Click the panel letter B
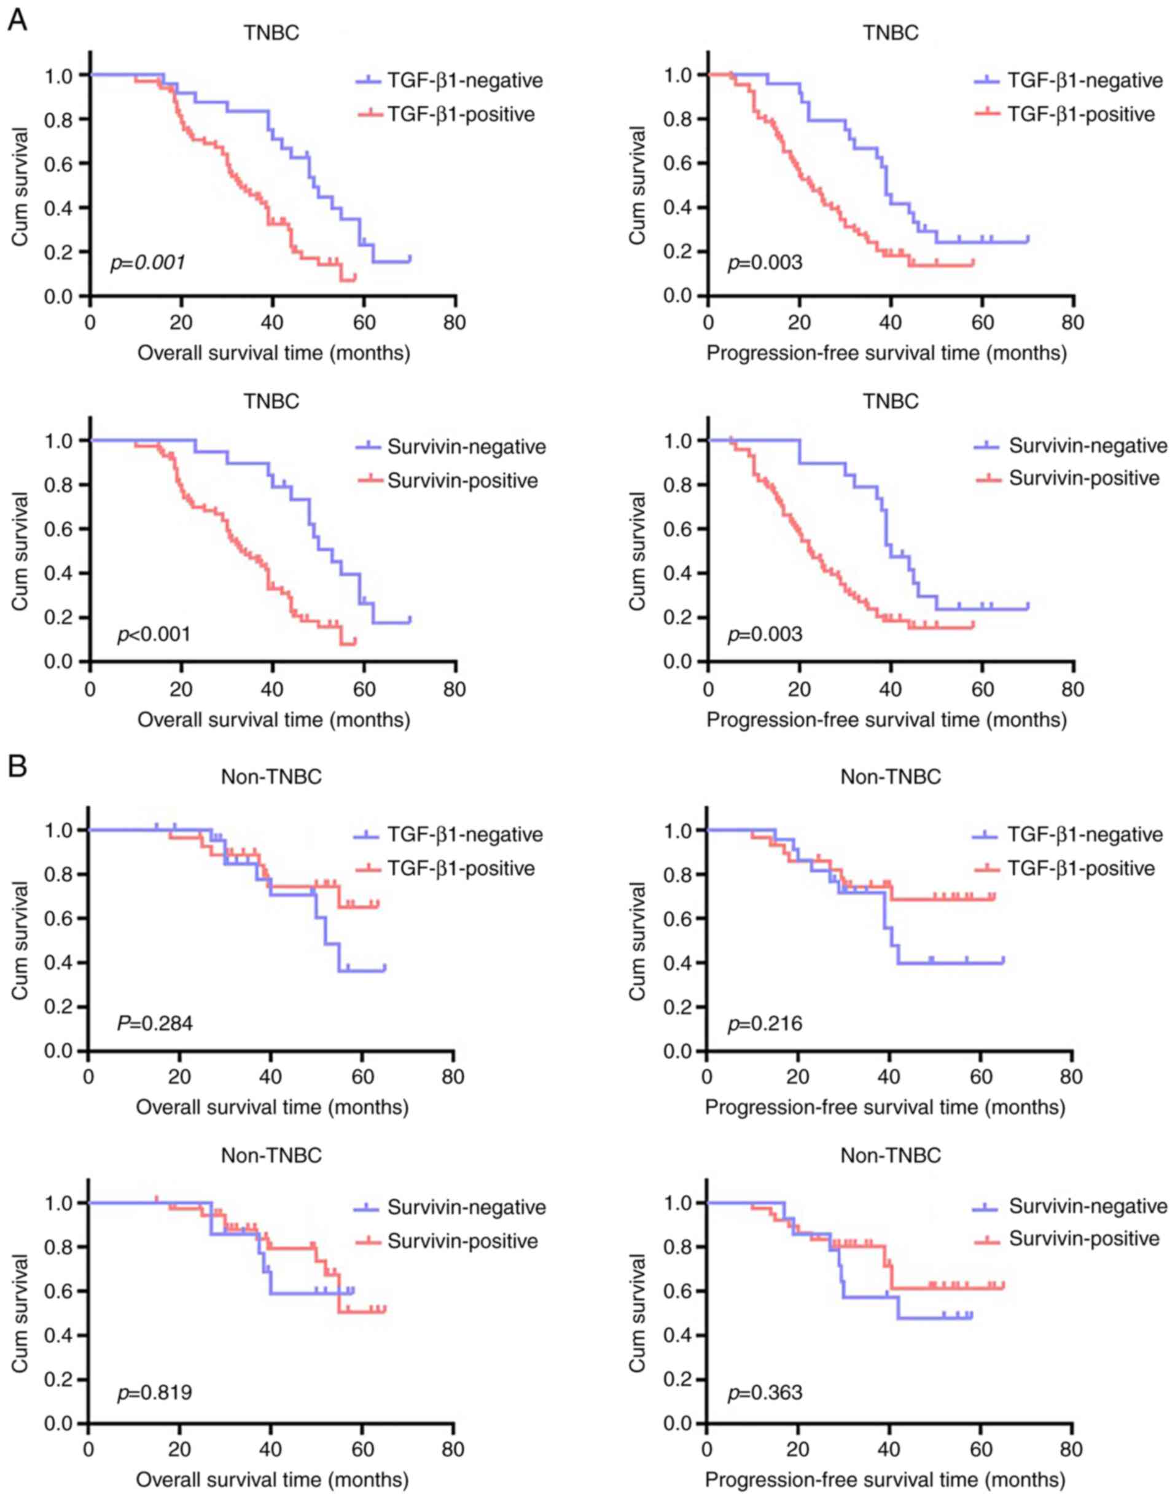17,766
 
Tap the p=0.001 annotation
147,262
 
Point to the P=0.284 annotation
154,1023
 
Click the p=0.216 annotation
764,1023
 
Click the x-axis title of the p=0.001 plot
274,353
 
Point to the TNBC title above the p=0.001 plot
271,33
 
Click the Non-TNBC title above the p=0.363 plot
890,1156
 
